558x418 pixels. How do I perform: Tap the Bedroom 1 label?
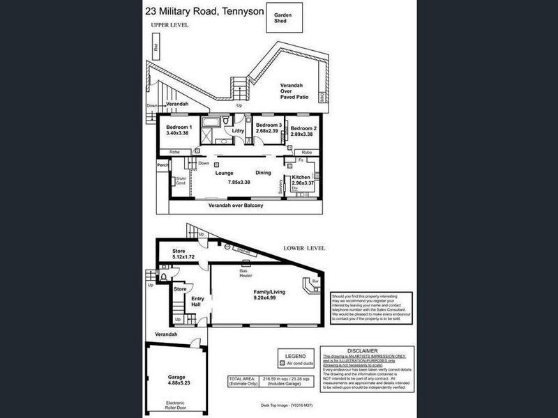[179, 127]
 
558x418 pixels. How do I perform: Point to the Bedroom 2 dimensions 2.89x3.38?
[303, 134]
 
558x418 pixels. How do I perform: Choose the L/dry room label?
[238, 130]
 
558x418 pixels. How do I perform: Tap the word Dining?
[263, 172]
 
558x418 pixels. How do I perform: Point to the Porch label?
[163, 165]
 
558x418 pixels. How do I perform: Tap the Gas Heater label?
[246, 273]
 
